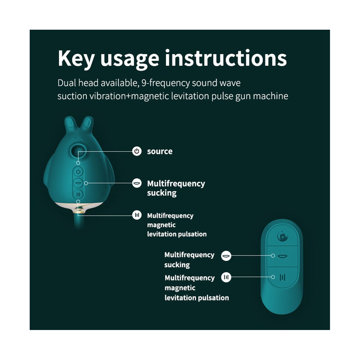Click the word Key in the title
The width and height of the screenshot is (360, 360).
coord(76,59)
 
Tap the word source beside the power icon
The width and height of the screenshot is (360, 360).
coord(160,151)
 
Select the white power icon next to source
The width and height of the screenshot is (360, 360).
coord(137,151)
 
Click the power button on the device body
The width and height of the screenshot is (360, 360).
coord(78,172)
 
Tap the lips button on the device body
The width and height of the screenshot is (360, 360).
coord(78,183)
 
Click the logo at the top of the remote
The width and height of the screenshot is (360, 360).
coord(282,236)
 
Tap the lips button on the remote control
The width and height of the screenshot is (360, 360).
coord(282,256)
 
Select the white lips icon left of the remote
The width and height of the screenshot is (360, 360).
coord(226,256)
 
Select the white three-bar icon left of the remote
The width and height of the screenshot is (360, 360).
coord(226,277)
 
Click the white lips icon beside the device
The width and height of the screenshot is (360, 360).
coord(137,183)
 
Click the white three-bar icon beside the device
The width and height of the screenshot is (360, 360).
coord(137,215)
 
